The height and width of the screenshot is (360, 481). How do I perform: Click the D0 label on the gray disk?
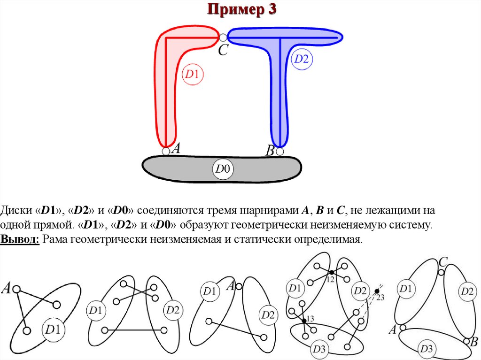224,169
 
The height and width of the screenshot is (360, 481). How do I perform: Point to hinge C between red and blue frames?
223,37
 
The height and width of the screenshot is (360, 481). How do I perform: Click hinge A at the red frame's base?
166,151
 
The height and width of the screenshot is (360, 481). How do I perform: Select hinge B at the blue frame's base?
280,152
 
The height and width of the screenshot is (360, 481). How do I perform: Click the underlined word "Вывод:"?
20,239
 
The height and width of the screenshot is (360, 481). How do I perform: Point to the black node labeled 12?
331,272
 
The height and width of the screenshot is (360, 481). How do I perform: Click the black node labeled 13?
304,321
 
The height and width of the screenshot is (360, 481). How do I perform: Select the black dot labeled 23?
376,291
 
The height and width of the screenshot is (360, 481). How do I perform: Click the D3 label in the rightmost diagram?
427,348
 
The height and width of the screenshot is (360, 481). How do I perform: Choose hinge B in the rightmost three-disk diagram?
466,341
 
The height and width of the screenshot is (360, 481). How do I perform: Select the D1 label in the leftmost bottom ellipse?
51,330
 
